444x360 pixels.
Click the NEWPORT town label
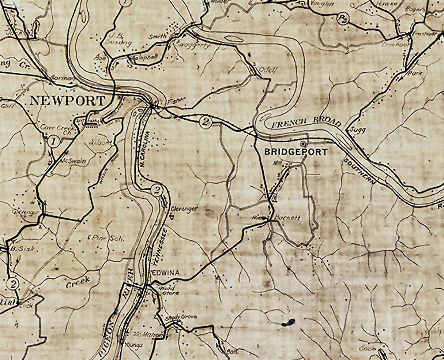tap(67, 101)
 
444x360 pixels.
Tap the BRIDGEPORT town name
tap(295, 152)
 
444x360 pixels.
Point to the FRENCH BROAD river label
tap(306, 124)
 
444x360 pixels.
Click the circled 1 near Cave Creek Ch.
tap(53, 141)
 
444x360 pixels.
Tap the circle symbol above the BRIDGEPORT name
tap(303, 144)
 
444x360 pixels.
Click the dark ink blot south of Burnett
tap(289, 322)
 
